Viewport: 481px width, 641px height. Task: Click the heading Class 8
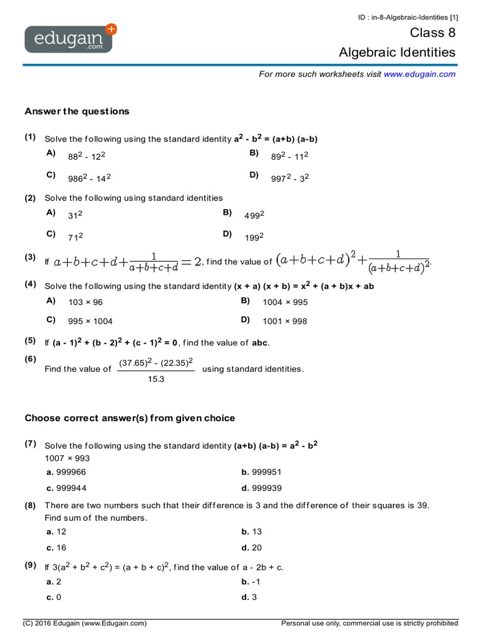[x=433, y=33]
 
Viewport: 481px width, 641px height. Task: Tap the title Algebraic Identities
[x=397, y=53]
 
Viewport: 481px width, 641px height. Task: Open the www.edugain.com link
[x=420, y=74]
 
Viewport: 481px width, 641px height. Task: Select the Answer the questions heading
[x=77, y=111]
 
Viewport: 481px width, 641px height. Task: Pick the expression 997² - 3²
[x=290, y=178]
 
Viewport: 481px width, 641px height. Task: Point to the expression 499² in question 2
[x=254, y=215]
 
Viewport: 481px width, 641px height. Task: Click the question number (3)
[x=30, y=257]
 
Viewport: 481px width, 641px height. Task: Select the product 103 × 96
[x=86, y=302]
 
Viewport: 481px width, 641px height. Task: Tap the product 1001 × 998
[x=285, y=321]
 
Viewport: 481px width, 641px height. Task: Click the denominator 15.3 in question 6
[x=155, y=379]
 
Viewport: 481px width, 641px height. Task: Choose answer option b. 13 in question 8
[x=252, y=531]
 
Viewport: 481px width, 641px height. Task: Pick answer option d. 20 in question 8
[x=252, y=548]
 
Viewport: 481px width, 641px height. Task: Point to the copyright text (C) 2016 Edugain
[x=85, y=623]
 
